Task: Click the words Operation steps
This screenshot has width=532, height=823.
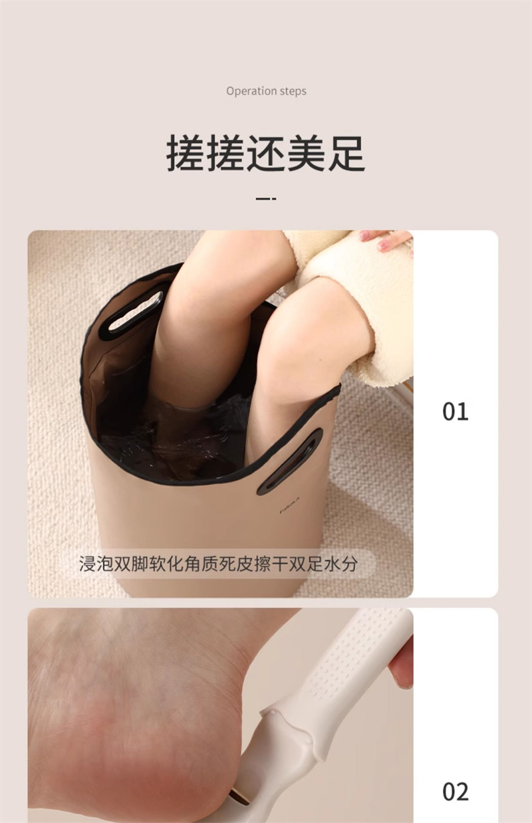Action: tap(266, 91)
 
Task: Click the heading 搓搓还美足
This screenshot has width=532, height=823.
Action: tap(266, 153)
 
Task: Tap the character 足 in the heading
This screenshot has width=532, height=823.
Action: tap(346, 153)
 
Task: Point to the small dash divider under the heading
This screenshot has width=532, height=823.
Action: tap(266, 199)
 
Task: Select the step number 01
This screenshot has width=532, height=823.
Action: tap(455, 411)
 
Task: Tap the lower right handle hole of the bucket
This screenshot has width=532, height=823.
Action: tap(290, 461)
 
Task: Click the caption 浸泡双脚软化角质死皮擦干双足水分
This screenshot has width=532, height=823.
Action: tap(218, 564)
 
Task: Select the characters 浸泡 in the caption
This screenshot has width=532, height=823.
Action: tap(96, 564)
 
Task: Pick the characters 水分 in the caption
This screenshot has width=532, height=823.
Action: tap(341, 564)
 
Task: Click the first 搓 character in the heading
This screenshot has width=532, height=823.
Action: tap(186, 153)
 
